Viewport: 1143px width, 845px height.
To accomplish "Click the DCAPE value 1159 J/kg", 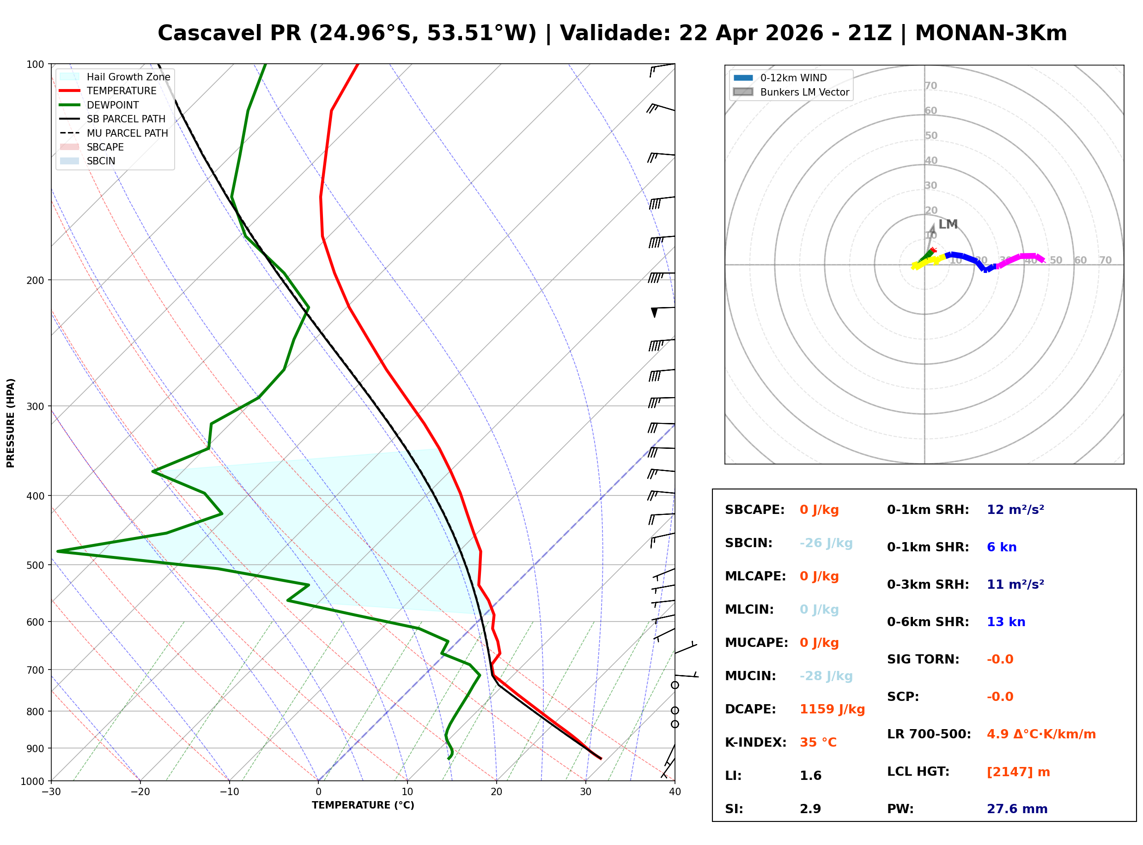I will click(x=832, y=709).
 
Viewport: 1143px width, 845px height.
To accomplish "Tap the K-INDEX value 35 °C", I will click(x=818, y=742).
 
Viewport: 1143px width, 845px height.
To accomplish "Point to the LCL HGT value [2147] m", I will click(x=1018, y=772).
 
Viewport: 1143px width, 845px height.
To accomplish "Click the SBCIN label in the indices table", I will click(x=748, y=543).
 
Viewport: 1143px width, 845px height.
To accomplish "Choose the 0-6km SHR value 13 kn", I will click(x=1006, y=622).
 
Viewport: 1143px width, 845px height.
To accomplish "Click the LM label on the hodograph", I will click(x=948, y=224).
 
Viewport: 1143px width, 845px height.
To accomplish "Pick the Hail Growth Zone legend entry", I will click(x=128, y=77).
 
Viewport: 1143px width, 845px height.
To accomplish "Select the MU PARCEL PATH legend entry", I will click(x=127, y=133).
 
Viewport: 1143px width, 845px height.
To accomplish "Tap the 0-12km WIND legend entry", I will click(x=793, y=78).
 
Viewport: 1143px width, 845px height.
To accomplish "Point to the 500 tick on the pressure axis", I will click(x=35, y=565).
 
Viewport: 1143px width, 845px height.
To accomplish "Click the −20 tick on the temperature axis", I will click(x=140, y=792).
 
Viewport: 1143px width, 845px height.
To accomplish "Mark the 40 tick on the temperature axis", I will click(x=675, y=792).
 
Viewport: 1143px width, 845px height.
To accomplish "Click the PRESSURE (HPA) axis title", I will click(x=11, y=423).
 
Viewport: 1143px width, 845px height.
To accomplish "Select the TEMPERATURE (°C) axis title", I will click(x=363, y=805).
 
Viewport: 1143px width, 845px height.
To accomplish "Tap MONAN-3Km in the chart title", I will click(x=991, y=33).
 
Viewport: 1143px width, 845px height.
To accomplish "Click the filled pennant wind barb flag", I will click(x=654, y=312).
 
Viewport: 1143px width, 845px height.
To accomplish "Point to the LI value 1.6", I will click(x=810, y=776).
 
